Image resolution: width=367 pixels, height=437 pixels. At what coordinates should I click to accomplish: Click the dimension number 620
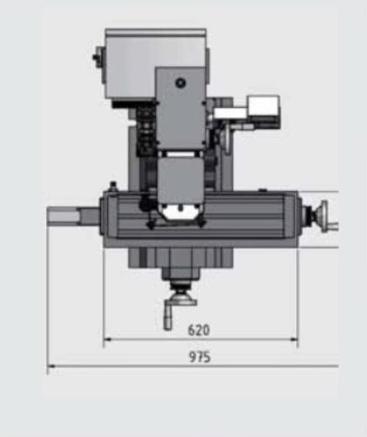(x=199, y=330)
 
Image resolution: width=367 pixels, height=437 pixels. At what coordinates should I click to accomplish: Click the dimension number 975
(x=200, y=357)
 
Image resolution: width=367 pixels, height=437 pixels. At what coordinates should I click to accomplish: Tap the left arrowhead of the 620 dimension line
(x=106, y=339)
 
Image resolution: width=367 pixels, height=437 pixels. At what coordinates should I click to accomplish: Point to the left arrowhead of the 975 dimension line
(x=50, y=365)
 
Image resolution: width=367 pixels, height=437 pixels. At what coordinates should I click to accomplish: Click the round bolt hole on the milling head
(x=181, y=83)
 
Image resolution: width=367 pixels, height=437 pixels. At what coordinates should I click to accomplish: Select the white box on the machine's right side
(x=263, y=107)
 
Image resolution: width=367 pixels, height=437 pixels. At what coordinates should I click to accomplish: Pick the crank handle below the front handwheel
(x=168, y=317)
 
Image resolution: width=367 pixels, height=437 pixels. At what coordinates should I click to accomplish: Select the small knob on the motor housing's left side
(x=96, y=57)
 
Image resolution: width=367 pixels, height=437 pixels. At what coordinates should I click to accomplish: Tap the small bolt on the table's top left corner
(x=113, y=185)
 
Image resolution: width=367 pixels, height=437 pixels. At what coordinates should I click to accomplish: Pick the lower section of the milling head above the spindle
(x=180, y=180)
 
